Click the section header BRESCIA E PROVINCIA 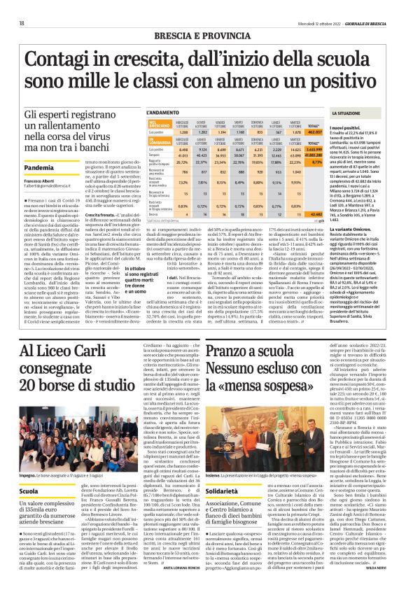203,34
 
